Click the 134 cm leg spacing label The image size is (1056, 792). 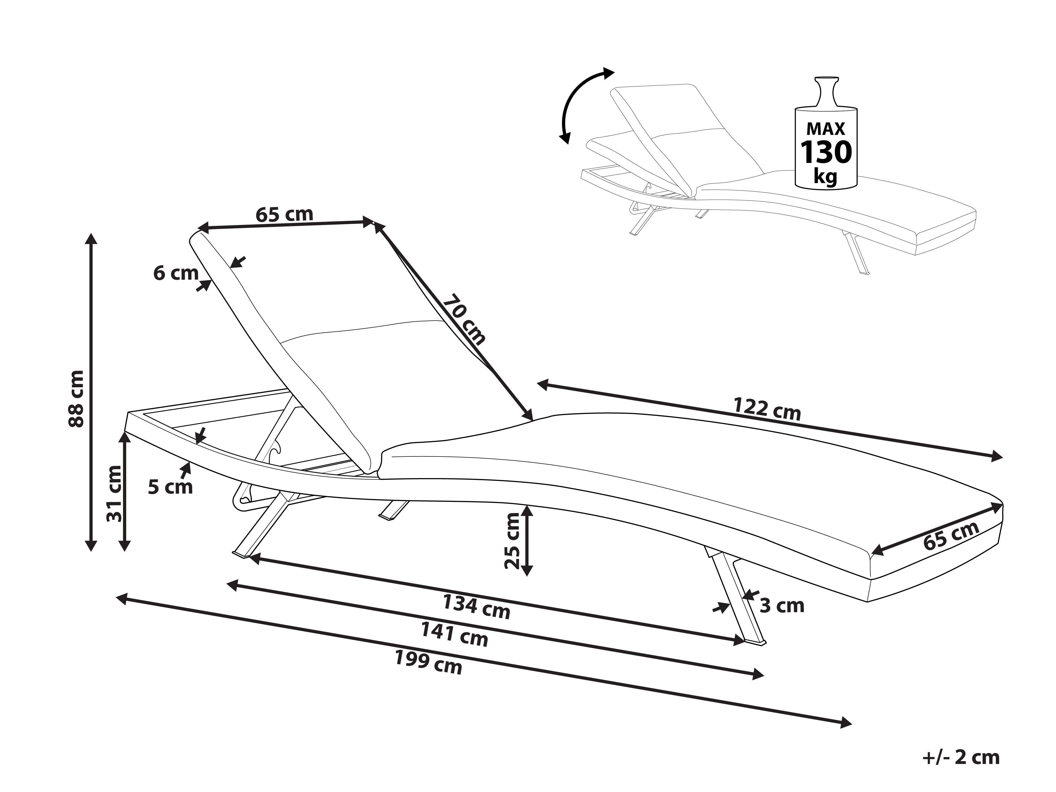point(477,606)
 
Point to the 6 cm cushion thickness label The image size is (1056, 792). point(175,274)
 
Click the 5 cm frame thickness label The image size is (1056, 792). point(170,487)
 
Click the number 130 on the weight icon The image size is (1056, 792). point(826,152)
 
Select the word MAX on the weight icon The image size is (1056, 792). point(826,129)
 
